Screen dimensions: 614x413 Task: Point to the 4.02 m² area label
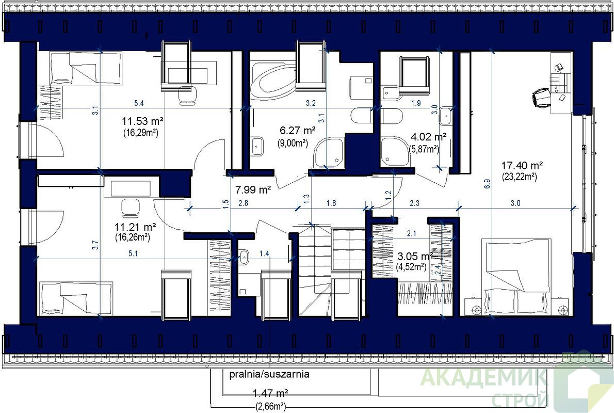point(428,137)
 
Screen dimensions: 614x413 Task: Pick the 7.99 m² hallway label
point(253,190)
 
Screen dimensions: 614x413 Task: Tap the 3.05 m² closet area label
point(415,257)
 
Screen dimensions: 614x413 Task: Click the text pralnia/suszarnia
point(269,374)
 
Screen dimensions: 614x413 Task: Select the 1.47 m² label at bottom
point(270,393)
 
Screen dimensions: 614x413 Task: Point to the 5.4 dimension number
point(139,103)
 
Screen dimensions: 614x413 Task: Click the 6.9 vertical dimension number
point(487,184)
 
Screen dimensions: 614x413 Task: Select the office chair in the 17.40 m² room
point(541,97)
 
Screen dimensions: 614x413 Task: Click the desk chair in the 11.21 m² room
point(130,208)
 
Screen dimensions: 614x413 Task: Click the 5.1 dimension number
point(133,254)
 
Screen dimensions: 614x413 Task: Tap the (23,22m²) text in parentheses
point(519,177)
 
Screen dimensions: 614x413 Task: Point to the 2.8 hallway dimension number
point(243,203)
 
